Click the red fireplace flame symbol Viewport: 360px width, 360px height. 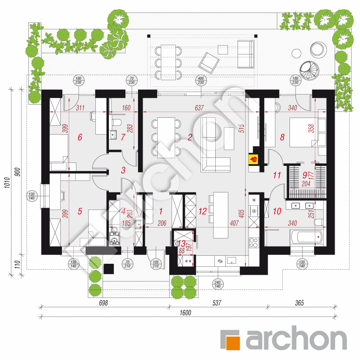(x=254, y=159)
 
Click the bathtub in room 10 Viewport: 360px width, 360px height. (x=306, y=237)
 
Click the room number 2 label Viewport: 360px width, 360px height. (x=190, y=137)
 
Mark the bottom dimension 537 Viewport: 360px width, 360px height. (x=217, y=303)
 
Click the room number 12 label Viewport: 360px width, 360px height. (x=203, y=211)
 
